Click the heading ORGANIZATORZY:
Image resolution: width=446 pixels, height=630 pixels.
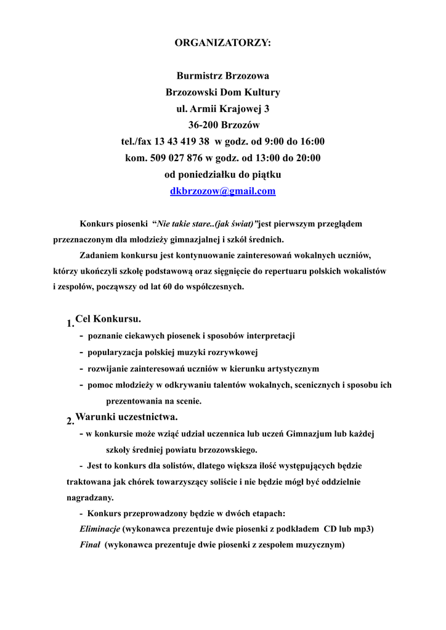(222, 43)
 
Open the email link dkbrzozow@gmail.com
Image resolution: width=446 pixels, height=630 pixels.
(222, 191)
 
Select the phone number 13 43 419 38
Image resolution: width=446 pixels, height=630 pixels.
(184, 142)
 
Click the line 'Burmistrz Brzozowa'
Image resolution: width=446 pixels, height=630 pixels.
(222, 76)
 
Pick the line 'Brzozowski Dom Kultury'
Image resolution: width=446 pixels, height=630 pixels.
(222, 93)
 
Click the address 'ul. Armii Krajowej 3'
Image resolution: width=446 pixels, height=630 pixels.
(222, 110)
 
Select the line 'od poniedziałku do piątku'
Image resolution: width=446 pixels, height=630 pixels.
(222, 175)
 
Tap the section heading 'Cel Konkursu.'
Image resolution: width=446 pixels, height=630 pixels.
(108, 319)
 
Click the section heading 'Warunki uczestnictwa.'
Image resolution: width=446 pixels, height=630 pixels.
(126, 417)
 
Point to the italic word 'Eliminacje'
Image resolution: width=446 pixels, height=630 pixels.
(100, 528)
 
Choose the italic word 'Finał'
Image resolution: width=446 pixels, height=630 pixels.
(90, 545)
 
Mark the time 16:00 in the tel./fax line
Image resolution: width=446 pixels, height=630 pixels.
(312, 142)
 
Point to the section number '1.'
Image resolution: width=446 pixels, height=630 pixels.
(70, 324)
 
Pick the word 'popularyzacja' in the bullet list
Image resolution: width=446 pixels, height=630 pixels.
(115, 353)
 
